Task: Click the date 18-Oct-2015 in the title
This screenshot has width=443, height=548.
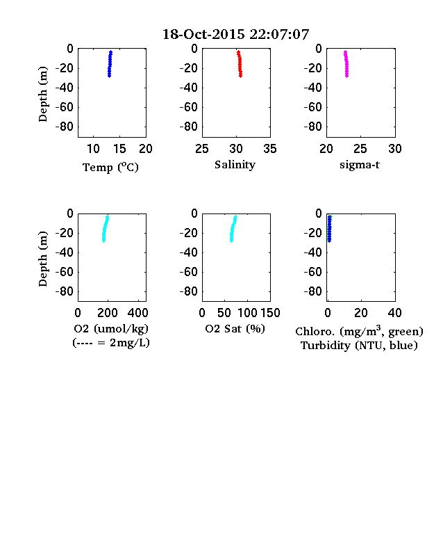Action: (x=203, y=34)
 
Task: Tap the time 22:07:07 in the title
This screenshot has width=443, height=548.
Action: (x=279, y=34)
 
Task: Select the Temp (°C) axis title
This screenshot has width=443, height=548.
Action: (x=110, y=168)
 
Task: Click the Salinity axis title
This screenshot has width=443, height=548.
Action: (x=235, y=165)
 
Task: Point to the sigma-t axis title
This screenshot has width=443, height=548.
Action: (x=360, y=165)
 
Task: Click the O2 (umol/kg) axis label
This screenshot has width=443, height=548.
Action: (x=111, y=329)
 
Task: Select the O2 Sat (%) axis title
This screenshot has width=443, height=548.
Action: (x=235, y=329)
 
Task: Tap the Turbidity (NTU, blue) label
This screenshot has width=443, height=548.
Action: (x=359, y=346)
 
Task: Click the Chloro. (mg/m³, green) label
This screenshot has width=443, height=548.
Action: (x=359, y=331)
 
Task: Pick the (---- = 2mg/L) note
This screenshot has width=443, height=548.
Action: (x=111, y=343)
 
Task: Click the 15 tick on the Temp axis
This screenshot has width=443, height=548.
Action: (x=119, y=149)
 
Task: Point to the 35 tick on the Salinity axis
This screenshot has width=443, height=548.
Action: (x=270, y=149)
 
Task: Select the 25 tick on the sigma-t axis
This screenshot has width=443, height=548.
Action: (x=360, y=149)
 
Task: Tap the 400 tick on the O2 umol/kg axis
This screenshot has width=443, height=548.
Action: (x=137, y=313)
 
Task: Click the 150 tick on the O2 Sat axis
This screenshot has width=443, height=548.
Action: (x=270, y=313)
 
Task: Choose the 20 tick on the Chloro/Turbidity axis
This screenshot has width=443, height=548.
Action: (x=360, y=313)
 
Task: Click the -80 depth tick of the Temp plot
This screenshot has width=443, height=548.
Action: (x=65, y=127)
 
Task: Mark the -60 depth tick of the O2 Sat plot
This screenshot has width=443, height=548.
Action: (x=189, y=272)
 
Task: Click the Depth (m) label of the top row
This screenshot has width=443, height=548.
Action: (x=42, y=94)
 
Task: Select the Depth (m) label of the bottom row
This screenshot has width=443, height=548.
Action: (x=42, y=259)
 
